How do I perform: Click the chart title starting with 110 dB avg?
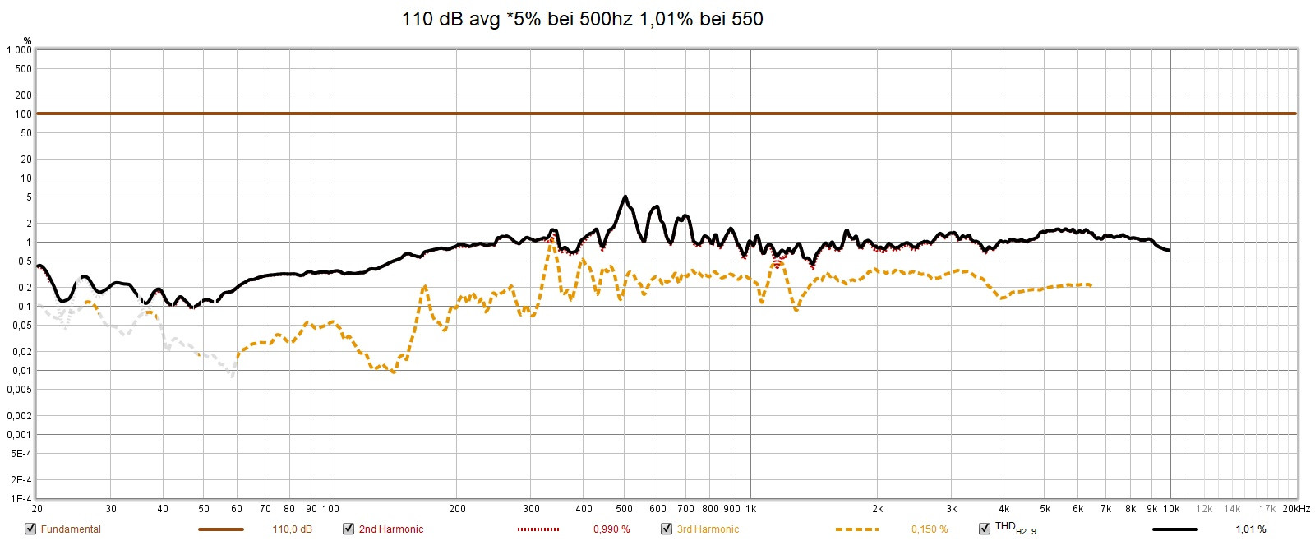click(x=582, y=18)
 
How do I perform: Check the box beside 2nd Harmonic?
click(x=348, y=529)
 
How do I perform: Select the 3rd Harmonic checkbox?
click(x=667, y=529)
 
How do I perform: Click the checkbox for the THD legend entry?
click(x=985, y=529)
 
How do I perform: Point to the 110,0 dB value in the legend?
click(x=292, y=529)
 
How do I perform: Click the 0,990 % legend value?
click(x=611, y=529)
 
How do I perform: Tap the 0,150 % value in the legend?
click(x=930, y=529)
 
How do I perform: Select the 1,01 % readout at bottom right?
click(x=1250, y=529)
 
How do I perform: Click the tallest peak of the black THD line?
click(x=625, y=197)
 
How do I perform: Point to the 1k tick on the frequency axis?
click(x=750, y=509)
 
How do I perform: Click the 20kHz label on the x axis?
click(x=1295, y=509)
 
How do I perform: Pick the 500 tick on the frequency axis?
click(x=624, y=509)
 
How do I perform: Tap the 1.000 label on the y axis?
click(x=19, y=50)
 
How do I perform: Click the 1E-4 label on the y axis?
click(x=21, y=499)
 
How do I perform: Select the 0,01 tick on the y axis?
click(x=21, y=371)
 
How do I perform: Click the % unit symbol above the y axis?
click(x=27, y=40)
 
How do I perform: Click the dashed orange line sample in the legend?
click(x=856, y=529)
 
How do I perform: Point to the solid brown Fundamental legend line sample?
click(x=221, y=529)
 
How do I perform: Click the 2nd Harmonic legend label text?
click(x=391, y=529)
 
